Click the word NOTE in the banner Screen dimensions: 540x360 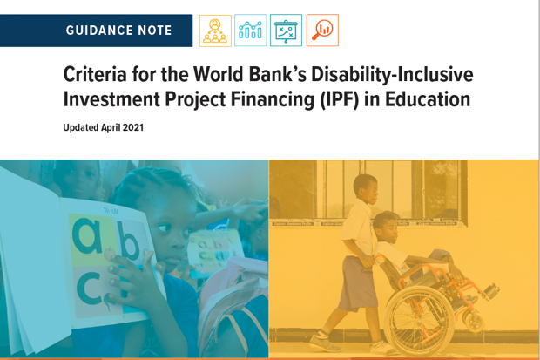(x=155, y=31)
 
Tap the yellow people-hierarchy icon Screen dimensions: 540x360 (x=215, y=31)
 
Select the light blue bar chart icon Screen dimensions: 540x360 (x=250, y=31)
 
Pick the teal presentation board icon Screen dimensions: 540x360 (x=286, y=31)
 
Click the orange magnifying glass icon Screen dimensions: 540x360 (x=322, y=31)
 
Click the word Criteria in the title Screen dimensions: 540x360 (x=95, y=74)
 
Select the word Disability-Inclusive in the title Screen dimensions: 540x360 (x=392, y=75)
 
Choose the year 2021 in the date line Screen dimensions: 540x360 (x=133, y=127)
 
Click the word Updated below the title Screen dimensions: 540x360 (x=81, y=128)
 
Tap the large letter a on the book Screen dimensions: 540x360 (x=87, y=235)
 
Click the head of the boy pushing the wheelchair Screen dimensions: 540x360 (x=366, y=189)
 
